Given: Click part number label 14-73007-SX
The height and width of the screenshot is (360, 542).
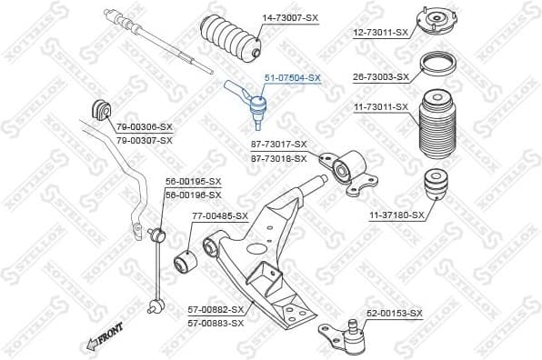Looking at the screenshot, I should (x=290, y=16).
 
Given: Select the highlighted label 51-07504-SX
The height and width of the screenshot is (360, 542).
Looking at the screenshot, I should (x=292, y=78).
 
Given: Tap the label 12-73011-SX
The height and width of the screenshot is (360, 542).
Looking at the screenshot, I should (x=381, y=33).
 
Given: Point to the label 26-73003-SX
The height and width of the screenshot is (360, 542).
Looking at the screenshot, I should (x=382, y=77).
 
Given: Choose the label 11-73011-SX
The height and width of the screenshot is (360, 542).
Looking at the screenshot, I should (x=381, y=107).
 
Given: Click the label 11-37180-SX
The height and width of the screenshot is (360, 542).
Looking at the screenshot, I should (x=396, y=215).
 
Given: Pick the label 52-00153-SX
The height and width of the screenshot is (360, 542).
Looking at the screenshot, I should (x=395, y=313).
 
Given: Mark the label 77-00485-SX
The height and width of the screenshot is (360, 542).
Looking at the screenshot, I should (x=219, y=216).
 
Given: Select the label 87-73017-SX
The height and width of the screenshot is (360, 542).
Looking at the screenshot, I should (x=278, y=145).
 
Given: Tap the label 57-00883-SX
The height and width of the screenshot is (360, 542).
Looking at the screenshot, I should (x=216, y=321).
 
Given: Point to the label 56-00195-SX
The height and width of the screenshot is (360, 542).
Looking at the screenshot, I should (x=193, y=182).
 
